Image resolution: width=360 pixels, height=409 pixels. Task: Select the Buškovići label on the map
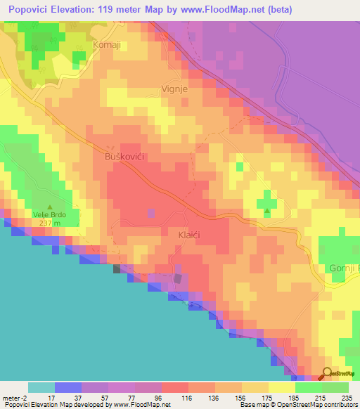(124, 155)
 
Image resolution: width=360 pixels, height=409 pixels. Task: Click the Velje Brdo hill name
(48, 215)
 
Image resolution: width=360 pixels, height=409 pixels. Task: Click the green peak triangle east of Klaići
(267, 211)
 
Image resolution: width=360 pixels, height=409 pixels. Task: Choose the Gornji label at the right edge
(344, 268)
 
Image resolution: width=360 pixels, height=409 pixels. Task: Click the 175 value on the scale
(266, 398)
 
